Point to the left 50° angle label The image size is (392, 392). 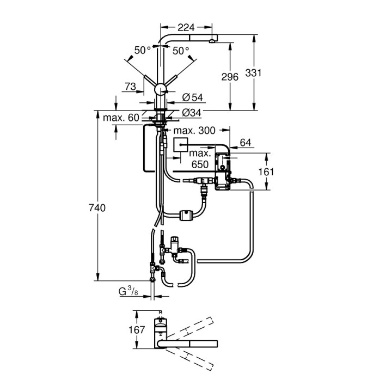coord(143,51)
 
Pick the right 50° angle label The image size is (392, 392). coord(181,51)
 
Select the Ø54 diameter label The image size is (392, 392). coord(192,97)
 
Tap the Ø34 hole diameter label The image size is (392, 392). coord(192,113)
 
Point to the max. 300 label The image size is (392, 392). coord(194,130)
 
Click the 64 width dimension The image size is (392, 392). coord(246,143)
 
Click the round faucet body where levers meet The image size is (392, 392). coord(161,90)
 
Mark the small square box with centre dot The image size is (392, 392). coord(180,144)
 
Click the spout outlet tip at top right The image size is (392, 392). coord(212,40)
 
